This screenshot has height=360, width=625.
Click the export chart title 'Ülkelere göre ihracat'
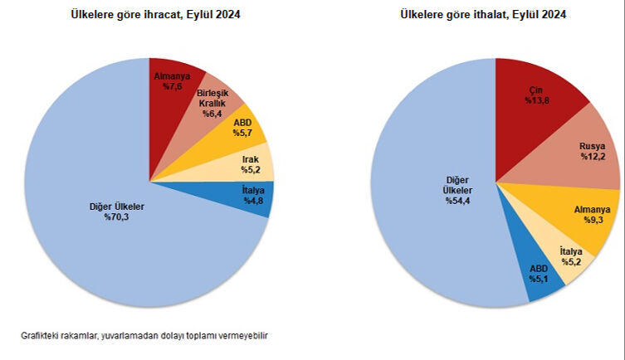pyautogui.click(x=149, y=15)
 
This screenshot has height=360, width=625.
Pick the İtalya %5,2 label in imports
pyautogui.click(x=571, y=256)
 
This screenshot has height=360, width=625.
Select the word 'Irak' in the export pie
pyautogui.click(x=251, y=158)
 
